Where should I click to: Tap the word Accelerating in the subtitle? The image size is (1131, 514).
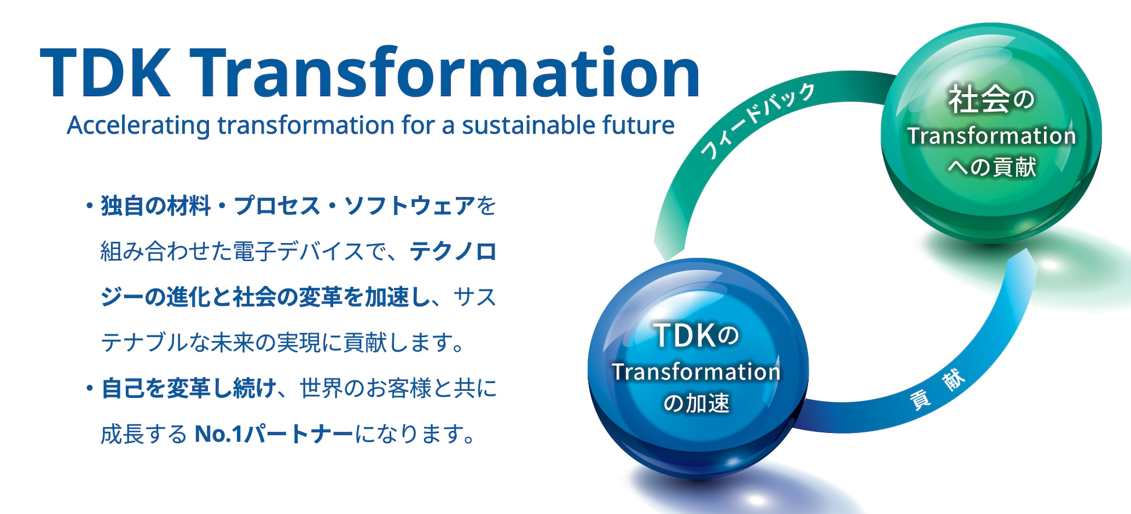click(139, 126)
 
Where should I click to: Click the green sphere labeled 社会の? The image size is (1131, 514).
click(991, 133)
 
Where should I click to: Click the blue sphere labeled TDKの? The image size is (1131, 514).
click(698, 368)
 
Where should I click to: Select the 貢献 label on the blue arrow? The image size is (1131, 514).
click(937, 390)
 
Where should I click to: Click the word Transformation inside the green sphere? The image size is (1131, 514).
click(991, 136)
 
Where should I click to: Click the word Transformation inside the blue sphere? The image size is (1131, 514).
click(696, 372)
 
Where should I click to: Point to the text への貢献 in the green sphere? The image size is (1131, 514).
click(992, 167)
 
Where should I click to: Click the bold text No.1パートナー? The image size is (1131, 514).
click(274, 434)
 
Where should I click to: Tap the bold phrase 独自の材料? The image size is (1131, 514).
click(156, 206)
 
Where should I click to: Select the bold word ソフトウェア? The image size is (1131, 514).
click(410, 206)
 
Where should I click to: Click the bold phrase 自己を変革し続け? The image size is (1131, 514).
click(189, 389)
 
